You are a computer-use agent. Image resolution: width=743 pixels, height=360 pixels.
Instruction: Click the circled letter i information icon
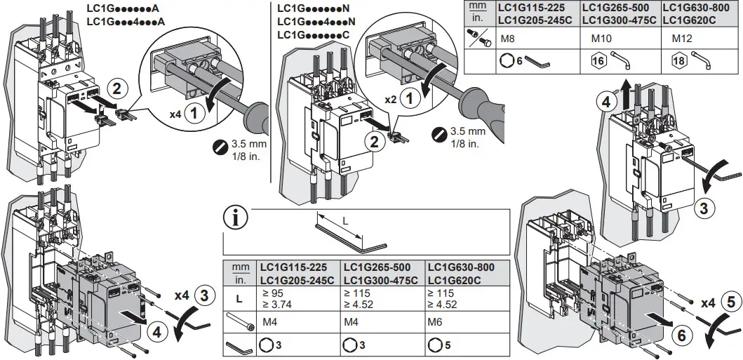pos(236,218)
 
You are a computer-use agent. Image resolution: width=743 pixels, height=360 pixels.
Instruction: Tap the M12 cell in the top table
pos(683,39)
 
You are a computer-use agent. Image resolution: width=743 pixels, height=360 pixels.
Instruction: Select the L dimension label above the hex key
pos(344,220)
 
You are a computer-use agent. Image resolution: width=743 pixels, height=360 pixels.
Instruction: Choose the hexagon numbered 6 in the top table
pos(509,61)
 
